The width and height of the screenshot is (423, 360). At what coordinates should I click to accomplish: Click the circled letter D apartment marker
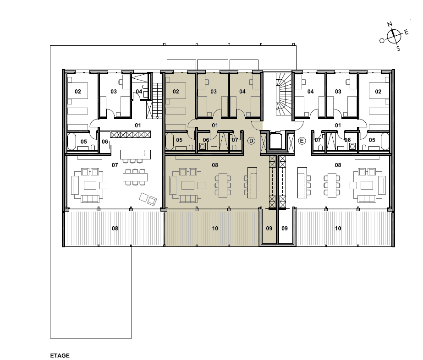(251, 141)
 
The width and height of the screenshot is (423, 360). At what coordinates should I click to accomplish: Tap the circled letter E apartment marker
(302, 141)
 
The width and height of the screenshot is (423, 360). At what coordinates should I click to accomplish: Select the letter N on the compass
(390, 25)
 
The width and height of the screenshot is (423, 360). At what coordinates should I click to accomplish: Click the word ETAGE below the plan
(60, 356)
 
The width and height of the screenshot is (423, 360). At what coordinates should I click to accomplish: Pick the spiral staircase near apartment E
(284, 92)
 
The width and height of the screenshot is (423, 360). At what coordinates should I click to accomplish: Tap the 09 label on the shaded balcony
(269, 229)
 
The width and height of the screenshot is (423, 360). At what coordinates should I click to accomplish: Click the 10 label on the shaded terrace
(215, 229)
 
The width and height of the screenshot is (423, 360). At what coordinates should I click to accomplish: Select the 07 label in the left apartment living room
(115, 165)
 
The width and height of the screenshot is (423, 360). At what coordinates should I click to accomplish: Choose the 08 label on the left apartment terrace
(115, 229)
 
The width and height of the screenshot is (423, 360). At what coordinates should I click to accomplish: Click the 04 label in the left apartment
(139, 92)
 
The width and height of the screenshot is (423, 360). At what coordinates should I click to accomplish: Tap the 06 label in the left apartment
(105, 142)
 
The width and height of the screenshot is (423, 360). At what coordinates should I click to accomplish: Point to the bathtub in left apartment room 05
(72, 141)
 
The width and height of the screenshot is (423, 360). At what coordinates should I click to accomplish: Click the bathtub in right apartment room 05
(385, 141)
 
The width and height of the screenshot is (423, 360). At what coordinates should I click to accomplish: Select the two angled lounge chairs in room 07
(148, 199)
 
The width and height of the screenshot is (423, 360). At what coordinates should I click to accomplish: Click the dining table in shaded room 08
(223, 185)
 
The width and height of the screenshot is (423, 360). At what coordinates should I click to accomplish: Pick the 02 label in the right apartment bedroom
(378, 92)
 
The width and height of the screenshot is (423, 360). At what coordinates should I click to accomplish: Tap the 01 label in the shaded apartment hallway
(215, 125)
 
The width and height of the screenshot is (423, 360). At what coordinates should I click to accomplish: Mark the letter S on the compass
(398, 49)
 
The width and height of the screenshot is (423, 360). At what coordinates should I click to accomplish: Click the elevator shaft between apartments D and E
(276, 140)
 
